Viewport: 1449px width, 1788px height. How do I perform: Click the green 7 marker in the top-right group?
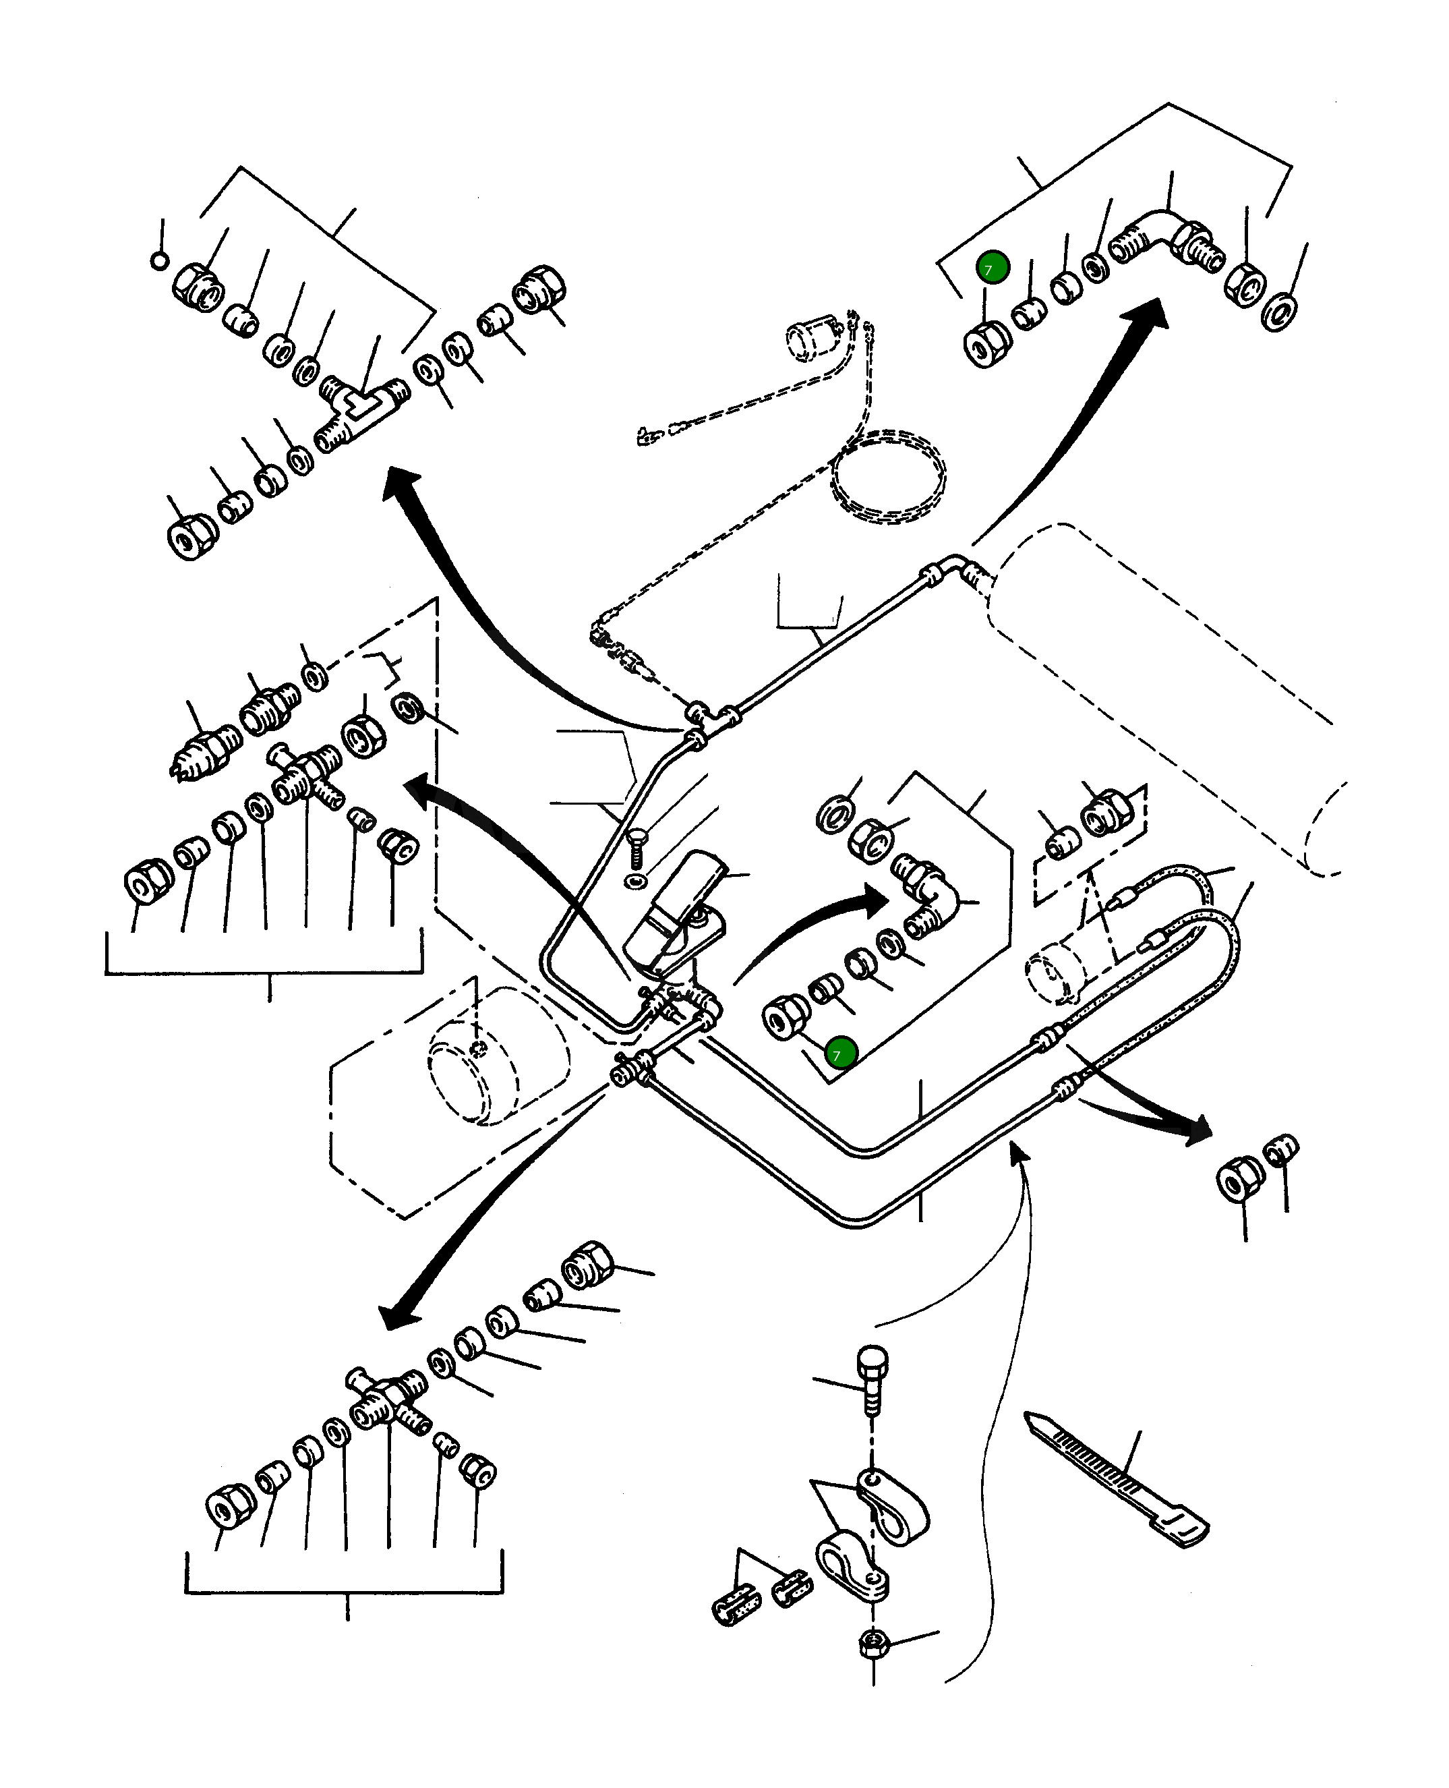coord(993,268)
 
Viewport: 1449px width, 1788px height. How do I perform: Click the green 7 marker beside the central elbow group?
coord(839,1054)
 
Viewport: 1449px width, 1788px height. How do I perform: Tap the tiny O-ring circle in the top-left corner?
coord(159,261)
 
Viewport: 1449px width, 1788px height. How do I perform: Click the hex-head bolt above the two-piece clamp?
coord(873,1377)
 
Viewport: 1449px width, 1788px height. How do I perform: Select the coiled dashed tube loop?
coord(888,477)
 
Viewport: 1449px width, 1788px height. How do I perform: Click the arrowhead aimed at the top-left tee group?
coord(401,484)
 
